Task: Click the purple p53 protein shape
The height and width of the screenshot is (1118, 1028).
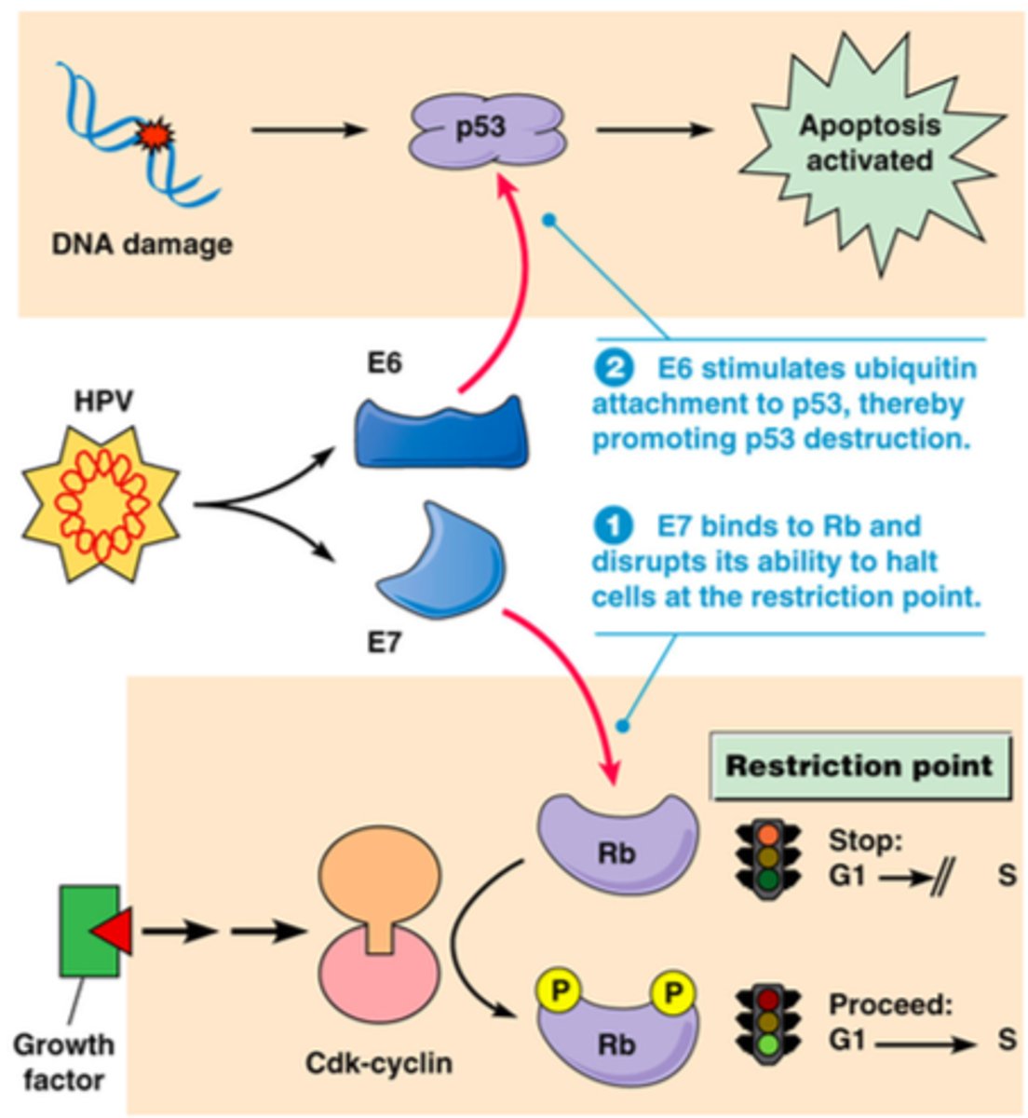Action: [487, 130]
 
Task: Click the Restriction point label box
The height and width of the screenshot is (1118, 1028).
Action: [859, 767]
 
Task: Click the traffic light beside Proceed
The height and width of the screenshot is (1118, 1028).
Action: [768, 1023]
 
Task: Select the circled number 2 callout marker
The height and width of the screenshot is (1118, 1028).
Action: [615, 369]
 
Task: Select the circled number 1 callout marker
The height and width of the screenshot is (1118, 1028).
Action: [615, 526]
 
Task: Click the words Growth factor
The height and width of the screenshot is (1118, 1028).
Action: [63, 1062]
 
